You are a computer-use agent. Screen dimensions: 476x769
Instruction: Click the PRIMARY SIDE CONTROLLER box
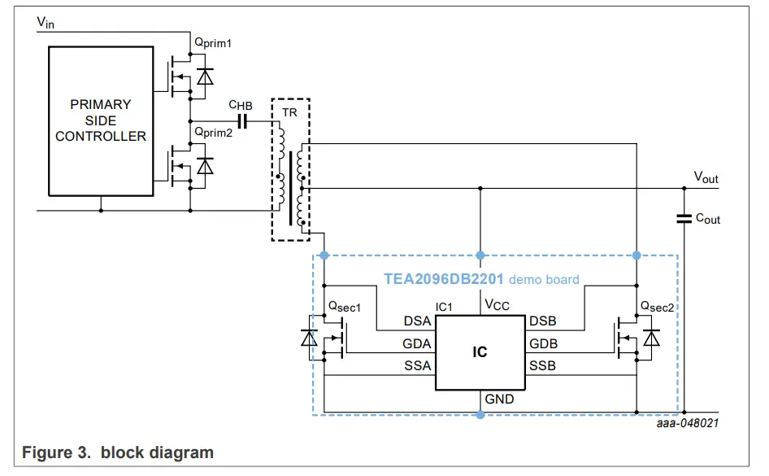click(x=101, y=120)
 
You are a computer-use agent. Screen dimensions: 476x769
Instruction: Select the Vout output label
click(x=705, y=177)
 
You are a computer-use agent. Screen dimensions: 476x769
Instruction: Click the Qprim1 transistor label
click(x=212, y=42)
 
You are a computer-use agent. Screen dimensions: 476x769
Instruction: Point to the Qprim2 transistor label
click(x=212, y=132)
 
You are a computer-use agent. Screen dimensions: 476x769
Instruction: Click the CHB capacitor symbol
click(x=241, y=120)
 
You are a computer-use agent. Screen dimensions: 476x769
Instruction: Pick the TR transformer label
click(x=290, y=112)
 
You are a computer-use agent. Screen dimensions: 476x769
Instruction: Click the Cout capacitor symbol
click(x=683, y=217)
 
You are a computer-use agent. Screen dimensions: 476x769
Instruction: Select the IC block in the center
click(x=480, y=352)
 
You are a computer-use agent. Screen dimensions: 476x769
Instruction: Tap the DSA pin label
click(x=417, y=321)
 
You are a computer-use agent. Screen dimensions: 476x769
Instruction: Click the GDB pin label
click(x=543, y=343)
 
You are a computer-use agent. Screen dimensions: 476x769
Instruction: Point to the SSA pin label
click(x=417, y=366)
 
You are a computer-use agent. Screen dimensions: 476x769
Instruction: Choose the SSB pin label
click(x=542, y=366)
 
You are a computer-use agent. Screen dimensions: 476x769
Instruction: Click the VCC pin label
click(x=497, y=304)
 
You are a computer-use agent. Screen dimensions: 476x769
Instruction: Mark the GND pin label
click(x=499, y=400)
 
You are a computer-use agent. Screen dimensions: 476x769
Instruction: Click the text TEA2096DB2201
click(x=444, y=279)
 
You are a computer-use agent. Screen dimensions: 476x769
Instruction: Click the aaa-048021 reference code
click(x=689, y=423)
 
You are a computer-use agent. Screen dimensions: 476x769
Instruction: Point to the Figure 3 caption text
click(x=118, y=452)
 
